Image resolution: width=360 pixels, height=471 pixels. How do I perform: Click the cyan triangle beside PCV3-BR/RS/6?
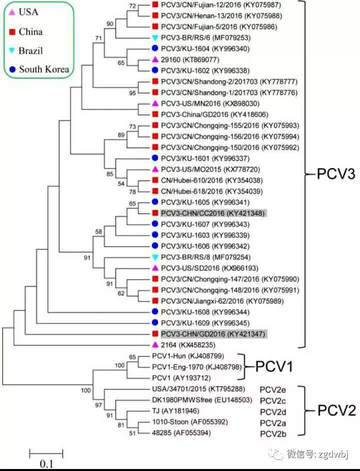click(x=155, y=38)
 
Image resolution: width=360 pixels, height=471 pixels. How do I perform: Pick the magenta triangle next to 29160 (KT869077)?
click(x=155, y=60)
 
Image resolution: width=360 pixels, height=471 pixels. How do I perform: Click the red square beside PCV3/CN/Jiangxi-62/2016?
click(x=155, y=300)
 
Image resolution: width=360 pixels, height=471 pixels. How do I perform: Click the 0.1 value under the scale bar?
click(x=46, y=463)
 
